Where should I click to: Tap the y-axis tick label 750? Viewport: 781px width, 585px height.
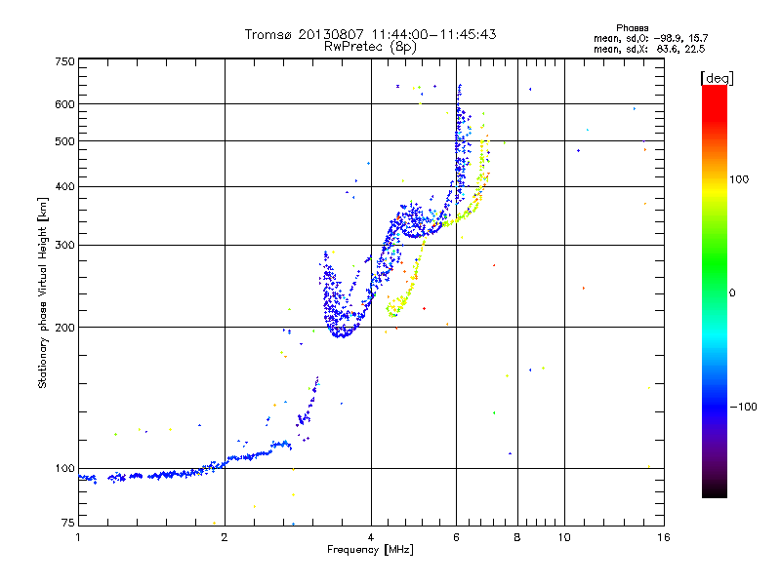click(x=65, y=61)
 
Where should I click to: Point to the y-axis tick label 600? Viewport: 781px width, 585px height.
click(x=65, y=104)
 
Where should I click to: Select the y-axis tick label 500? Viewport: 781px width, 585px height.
click(x=65, y=141)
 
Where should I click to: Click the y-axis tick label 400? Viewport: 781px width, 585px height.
click(x=65, y=186)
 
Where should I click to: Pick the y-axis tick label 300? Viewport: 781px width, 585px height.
click(x=65, y=245)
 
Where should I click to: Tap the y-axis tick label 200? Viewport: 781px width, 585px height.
click(x=65, y=327)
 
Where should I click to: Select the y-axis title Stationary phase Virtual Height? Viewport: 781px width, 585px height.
click(x=43, y=292)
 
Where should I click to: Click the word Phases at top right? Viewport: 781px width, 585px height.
click(x=634, y=27)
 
